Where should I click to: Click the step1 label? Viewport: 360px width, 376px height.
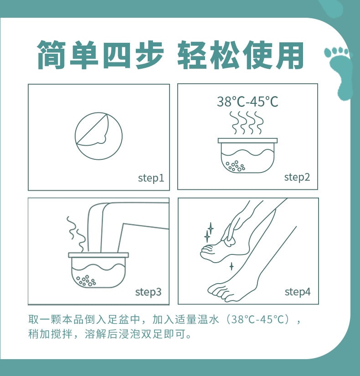(x=151, y=178)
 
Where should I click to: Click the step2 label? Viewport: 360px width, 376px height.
(x=297, y=177)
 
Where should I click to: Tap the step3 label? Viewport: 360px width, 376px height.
(x=148, y=292)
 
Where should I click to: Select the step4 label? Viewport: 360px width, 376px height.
(x=298, y=292)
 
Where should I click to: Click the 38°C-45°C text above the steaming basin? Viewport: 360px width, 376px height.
(x=247, y=102)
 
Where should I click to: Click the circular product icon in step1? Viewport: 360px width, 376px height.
(x=98, y=136)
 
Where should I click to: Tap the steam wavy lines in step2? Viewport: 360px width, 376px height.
(x=247, y=122)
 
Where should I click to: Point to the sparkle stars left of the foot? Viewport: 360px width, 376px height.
(x=209, y=232)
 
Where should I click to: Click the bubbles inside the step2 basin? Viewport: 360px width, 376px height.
(x=236, y=166)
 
